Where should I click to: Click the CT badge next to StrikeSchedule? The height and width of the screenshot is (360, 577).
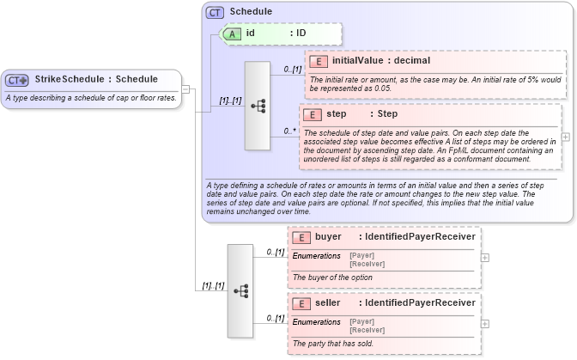17,80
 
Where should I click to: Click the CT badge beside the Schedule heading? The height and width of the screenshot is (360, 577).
215,12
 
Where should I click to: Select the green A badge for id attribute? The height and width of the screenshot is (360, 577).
232,34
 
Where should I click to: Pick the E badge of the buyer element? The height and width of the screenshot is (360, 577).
301,236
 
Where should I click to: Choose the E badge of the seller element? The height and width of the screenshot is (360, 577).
301,302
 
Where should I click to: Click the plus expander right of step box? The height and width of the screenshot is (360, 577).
565,137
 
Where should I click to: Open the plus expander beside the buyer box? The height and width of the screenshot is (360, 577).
485,257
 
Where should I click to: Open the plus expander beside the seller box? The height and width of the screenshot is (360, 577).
485,323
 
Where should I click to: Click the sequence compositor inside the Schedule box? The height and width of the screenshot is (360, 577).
258,107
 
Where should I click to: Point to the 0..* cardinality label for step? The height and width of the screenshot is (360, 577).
291,132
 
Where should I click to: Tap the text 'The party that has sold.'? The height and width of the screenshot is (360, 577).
333,344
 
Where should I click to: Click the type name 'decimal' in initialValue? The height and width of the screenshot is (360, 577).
413,61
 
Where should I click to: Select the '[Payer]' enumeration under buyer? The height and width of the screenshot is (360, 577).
361,254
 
